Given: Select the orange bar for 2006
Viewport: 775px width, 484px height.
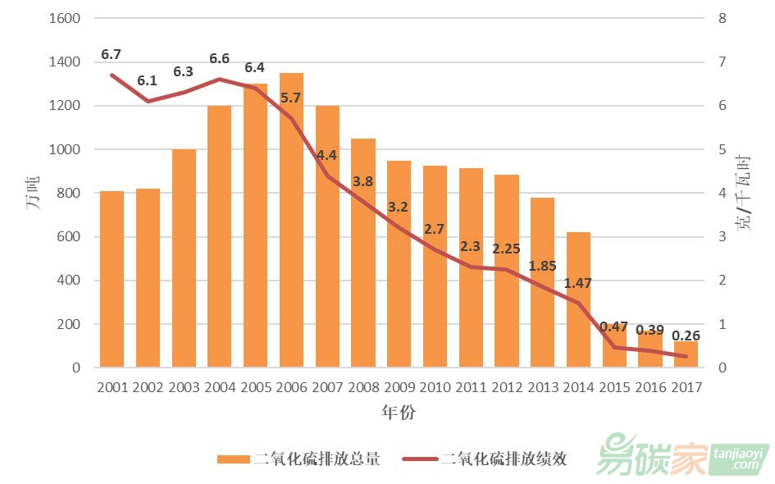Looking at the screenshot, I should [x=291, y=221].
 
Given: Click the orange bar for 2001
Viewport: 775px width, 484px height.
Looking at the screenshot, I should [x=112, y=279].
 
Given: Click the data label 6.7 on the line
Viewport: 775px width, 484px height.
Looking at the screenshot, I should [x=112, y=55].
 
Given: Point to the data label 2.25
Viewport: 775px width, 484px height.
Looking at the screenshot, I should [x=507, y=249].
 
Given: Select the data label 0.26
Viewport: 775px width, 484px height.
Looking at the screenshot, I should [x=686, y=336].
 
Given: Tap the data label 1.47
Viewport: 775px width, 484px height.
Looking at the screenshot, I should [x=577, y=284].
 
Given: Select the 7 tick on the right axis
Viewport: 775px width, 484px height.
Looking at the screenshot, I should [x=722, y=62].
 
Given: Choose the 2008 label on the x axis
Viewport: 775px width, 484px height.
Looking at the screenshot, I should [x=363, y=387].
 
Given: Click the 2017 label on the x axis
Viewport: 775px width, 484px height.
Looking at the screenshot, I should [x=686, y=387].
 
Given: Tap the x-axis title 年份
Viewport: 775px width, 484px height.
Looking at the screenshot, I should [x=399, y=413].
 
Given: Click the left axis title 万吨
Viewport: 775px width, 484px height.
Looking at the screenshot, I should [x=34, y=194].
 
